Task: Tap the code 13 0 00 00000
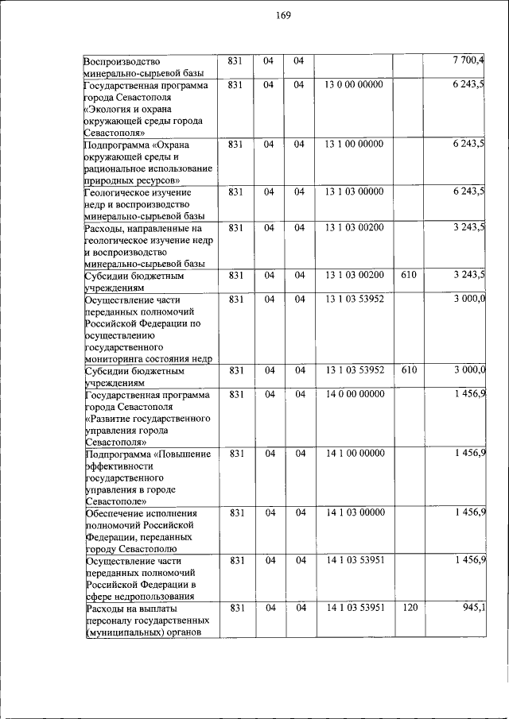pyautogui.click(x=354, y=84)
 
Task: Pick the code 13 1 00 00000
pyautogui.click(x=354, y=144)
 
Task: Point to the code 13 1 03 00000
pyautogui.click(x=354, y=191)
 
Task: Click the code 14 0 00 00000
pyautogui.click(x=354, y=394)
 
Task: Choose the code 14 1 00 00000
pyautogui.click(x=354, y=454)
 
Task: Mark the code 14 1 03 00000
pyautogui.click(x=354, y=513)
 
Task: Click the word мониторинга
pyautogui.click(x=114, y=359)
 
